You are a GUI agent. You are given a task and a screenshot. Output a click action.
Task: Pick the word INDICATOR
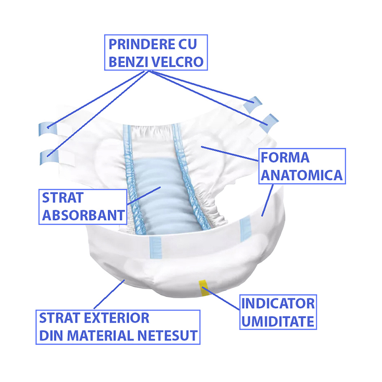point(278,304)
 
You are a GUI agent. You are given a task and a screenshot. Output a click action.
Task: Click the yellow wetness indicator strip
point(204,288)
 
